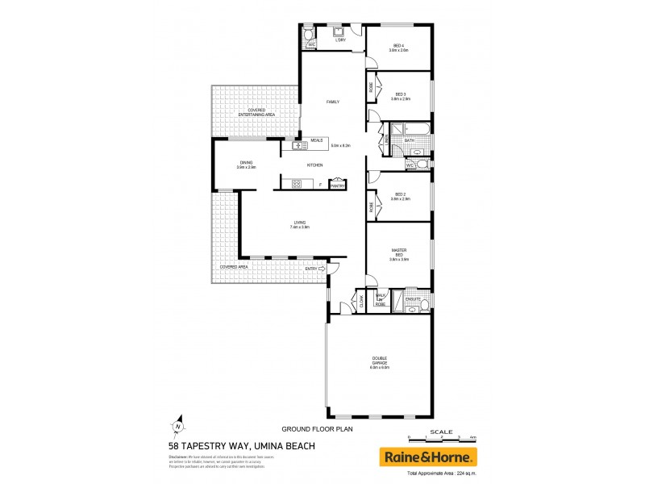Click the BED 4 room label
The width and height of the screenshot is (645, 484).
[398, 45]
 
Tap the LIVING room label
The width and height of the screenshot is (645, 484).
[300, 223]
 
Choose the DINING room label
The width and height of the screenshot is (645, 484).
[246, 163]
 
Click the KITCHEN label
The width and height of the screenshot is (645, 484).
[314, 165]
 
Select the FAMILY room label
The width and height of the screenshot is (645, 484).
[332, 102]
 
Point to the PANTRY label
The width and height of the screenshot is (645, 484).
[338, 186]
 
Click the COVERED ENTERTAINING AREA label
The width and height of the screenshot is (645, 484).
[256, 113]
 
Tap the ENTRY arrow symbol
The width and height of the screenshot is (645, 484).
[322, 269]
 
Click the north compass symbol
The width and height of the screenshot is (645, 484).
[177, 428]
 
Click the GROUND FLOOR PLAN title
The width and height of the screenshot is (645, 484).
[307, 431]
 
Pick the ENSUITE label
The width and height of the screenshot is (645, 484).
[413, 299]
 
